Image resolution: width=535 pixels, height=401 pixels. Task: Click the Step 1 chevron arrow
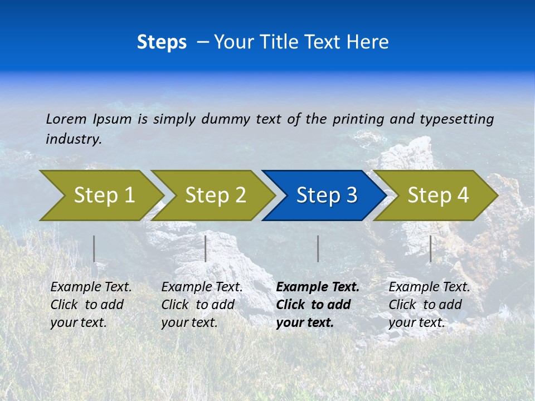pos(103,195)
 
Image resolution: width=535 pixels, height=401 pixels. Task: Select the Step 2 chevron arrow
pos(215,195)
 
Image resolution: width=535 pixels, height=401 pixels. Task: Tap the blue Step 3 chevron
pos(326,195)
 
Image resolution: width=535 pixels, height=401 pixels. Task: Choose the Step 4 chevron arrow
pos(437,195)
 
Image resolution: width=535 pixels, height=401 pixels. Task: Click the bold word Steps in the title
pos(162,42)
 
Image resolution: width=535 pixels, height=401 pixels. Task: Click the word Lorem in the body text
pos(66,119)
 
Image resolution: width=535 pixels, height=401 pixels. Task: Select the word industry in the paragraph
pos(73,139)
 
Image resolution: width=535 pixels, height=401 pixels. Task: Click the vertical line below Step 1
pos(94,248)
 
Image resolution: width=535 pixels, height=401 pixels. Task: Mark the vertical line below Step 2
pos(206,248)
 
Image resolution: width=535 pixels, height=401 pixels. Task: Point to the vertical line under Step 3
pos(318,248)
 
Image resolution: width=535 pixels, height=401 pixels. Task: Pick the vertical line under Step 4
pos(430,248)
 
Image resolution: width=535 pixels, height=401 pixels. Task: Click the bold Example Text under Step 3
pos(318,287)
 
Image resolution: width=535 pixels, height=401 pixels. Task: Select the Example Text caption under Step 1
pos(91,287)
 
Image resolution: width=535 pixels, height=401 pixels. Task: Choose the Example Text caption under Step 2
pos(202,287)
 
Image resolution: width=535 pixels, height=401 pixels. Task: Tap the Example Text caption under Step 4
pos(429,287)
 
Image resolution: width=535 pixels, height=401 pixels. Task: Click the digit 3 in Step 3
pos(351,195)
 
